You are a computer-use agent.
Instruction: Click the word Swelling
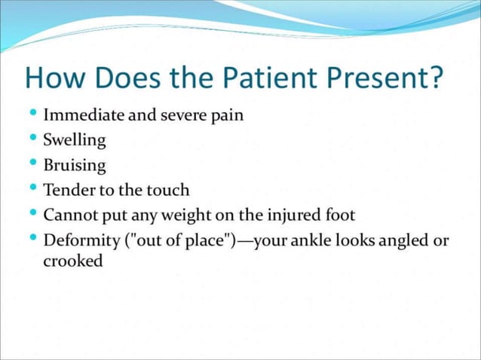pos(75,141)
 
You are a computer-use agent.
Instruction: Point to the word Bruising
pos(75,166)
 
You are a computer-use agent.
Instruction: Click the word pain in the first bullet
pos(225,117)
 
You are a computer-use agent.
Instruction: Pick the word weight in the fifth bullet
pos(183,215)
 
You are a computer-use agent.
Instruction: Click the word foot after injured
pos(339,215)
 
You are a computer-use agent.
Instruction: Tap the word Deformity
pos(78,241)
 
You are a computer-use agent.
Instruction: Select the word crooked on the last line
pos(73,262)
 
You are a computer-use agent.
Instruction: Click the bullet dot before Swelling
pos(32,139)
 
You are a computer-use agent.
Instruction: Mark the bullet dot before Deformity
pos(32,239)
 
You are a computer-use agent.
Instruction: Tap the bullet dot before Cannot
pos(32,213)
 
